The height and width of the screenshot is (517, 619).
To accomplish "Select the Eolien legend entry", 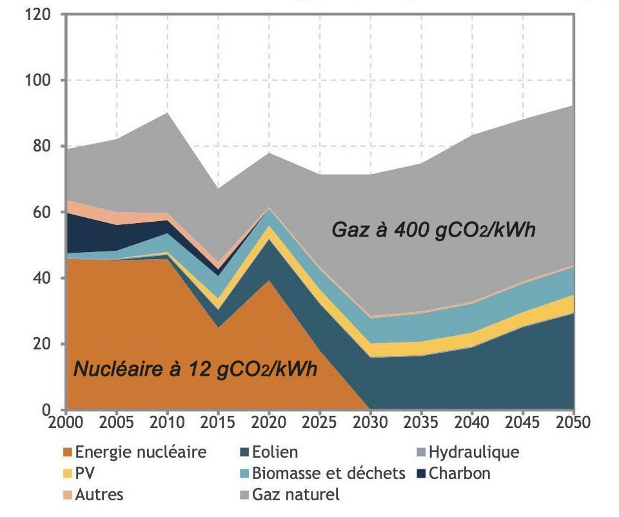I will coord(275,452).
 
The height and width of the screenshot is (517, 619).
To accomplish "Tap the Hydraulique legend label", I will coord(473,452).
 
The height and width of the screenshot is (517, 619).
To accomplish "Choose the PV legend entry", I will coord(84,473).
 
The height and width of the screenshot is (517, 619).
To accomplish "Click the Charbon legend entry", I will coord(459,473).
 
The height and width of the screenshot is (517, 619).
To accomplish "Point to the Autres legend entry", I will coord(99,494).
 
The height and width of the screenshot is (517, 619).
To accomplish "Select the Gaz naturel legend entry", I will coord(296,494).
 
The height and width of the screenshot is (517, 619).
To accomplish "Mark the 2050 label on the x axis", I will coord(573,424).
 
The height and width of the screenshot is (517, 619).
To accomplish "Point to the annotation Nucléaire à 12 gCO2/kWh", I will coord(197,370).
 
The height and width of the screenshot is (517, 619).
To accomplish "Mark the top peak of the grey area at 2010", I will coord(167,113).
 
